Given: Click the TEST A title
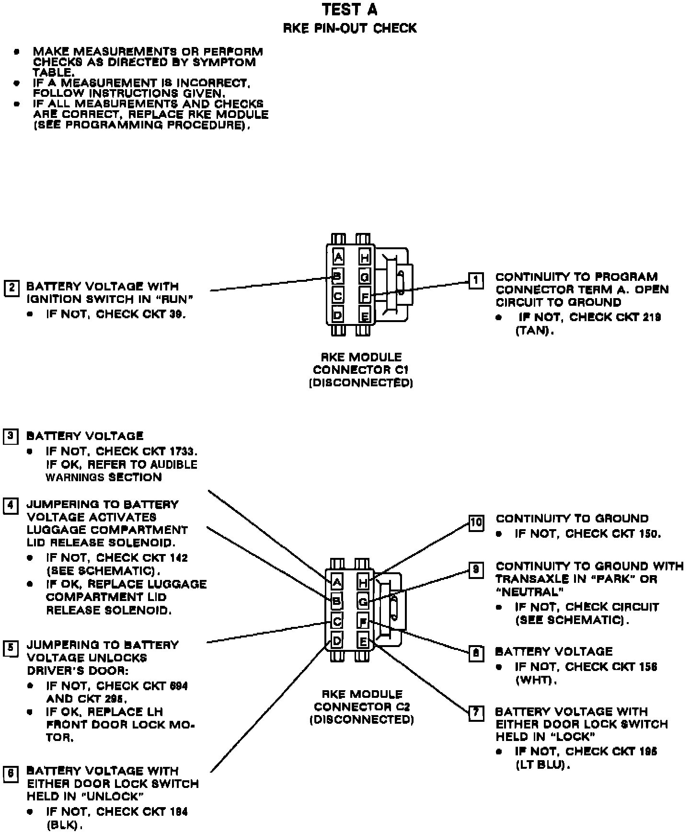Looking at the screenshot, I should [349, 10].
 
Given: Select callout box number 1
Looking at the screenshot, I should [475, 280].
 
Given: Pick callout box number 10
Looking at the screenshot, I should [476, 522].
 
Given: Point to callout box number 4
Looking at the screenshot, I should [11, 506].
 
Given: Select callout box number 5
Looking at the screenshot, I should [11, 648].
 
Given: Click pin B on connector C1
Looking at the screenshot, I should [337, 276].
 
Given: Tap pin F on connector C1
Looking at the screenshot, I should [365, 297].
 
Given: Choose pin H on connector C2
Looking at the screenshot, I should [364, 583].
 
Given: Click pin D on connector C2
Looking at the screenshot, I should [337, 640].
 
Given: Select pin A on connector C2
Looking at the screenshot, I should [337, 582].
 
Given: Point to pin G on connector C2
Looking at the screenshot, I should [364, 602].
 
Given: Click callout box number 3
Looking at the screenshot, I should [11, 437].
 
